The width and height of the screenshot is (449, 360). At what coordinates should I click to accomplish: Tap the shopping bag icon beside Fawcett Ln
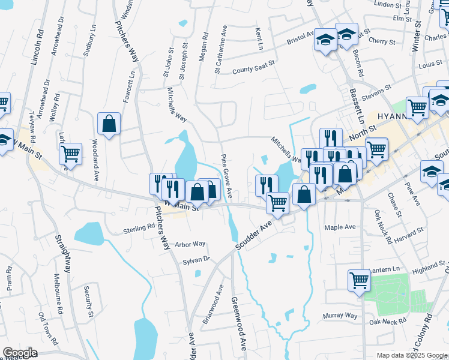pos(109,124)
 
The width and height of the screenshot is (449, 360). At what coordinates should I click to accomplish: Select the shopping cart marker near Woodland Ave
pos(71,154)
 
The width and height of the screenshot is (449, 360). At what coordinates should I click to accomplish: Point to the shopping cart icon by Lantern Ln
pos(359,280)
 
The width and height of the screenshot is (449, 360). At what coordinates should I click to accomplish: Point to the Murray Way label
pos(340,315)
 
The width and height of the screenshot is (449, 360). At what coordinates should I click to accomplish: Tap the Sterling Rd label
pos(139,228)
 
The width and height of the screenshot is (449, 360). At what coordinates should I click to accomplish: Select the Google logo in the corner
pos(20,353)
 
